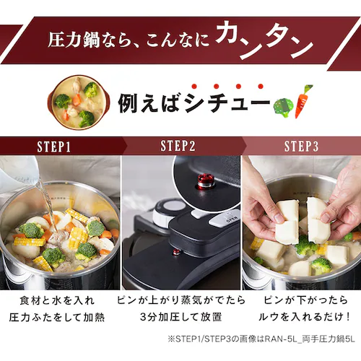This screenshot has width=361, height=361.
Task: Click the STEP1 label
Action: [54, 147]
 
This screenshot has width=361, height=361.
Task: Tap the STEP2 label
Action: [178, 146]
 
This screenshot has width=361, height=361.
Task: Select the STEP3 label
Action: [302, 146]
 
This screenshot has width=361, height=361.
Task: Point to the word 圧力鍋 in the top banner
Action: [74, 40]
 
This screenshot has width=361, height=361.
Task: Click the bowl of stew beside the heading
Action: [79, 103]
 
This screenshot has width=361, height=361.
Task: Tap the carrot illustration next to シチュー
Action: [303, 102]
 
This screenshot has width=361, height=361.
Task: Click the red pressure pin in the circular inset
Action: [206, 181]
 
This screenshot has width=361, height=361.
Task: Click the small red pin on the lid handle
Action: [177, 252]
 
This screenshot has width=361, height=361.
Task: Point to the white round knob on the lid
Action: [168, 212]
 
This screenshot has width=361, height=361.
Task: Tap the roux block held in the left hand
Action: [288, 222]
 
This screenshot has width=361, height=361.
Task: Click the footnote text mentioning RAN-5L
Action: [261, 339]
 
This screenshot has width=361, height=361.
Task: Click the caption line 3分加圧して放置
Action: [180, 317]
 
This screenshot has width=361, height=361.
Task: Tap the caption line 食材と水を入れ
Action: [57, 300]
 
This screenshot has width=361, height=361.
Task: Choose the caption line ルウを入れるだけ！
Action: [304, 317]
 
